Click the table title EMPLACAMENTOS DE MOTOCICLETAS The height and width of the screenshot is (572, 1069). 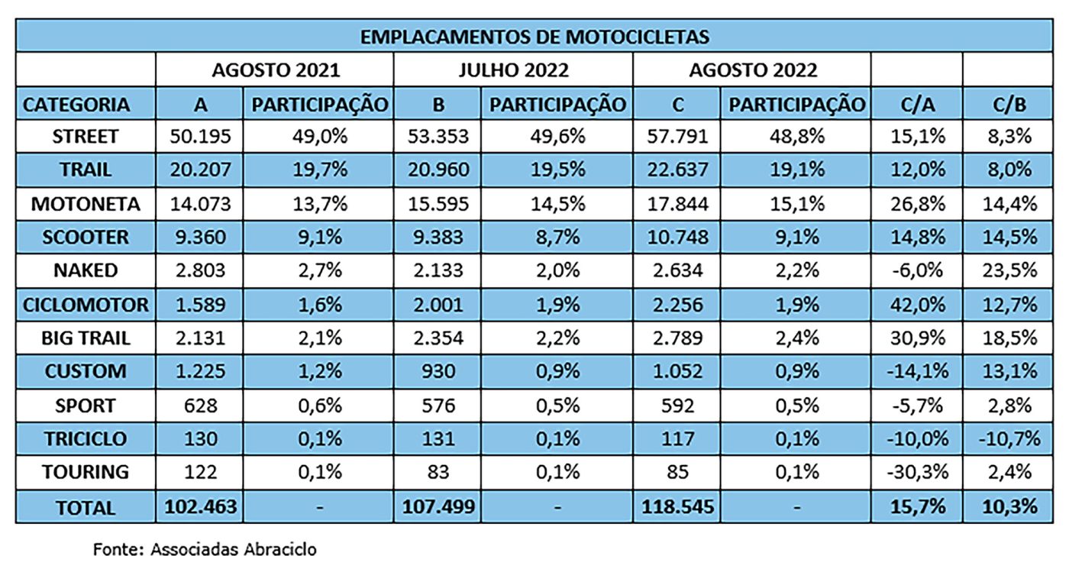[x=534, y=37]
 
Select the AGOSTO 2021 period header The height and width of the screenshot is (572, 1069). [x=275, y=70]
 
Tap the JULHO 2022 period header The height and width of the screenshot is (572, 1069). [x=513, y=70]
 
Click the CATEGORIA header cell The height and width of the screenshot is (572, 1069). [x=76, y=105]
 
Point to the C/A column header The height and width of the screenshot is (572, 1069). [x=916, y=105]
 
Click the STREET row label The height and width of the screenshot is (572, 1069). [x=86, y=137]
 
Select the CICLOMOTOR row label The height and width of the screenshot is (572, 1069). [x=86, y=305]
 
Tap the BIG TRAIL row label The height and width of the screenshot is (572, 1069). [x=86, y=338]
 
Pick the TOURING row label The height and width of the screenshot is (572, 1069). [x=86, y=472]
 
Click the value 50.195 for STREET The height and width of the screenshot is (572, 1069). [x=199, y=137]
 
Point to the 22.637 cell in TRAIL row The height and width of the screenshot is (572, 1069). [x=675, y=170]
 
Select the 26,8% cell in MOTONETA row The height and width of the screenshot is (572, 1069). [x=916, y=205]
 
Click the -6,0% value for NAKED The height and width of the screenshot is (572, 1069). [x=916, y=271]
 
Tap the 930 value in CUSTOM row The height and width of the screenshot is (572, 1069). [x=438, y=372]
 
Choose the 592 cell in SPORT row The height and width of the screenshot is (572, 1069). [x=675, y=406]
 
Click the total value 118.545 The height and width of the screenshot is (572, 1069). [x=675, y=507]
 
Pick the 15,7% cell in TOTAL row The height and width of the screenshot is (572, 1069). [x=916, y=507]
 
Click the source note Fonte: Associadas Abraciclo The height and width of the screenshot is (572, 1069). [x=205, y=549]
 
